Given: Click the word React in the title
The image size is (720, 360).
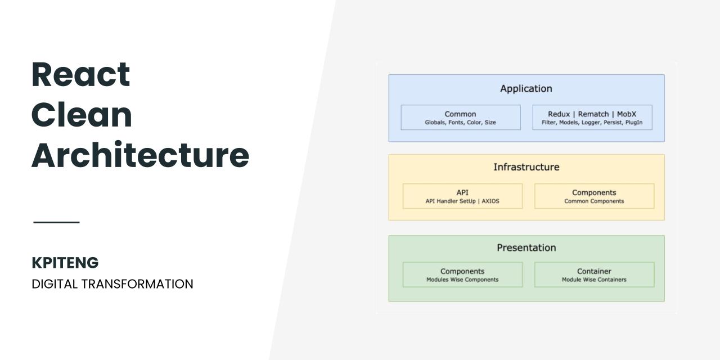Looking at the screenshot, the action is click(x=80, y=74).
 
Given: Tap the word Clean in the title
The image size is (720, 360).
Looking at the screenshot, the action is click(x=82, y=115).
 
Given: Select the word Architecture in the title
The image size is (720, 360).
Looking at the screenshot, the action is click(x=140, y=155).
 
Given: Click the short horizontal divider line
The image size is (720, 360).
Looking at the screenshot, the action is click(x=57, y=222).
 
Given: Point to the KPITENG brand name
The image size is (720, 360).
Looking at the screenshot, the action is click(x=65, y=263).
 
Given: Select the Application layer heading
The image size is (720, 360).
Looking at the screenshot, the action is click(x=526, y=88).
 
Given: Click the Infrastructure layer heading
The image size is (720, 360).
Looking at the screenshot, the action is click(x=526, y=167).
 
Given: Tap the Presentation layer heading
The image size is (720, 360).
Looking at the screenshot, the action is click(x=526, y=247).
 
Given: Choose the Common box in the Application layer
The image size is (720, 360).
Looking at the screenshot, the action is click(x=461, y=118).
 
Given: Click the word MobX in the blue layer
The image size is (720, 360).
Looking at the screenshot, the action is click(x=627, y=114).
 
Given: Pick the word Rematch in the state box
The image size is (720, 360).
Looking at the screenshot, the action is click(x=593, y=114).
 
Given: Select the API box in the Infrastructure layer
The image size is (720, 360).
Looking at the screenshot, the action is click(x=462, y=196).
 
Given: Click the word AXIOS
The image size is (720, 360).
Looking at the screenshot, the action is click(x=490, y=201).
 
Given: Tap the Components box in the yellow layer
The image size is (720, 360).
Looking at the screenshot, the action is click(x=595, y=196).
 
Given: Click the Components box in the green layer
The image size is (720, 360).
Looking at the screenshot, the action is click(x=462, y=274).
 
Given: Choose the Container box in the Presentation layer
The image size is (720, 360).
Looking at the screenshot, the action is click(x=595, y=274).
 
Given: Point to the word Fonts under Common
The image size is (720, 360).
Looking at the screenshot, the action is click(x=456, y=123).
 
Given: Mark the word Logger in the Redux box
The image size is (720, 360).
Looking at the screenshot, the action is click(x=591, y=123).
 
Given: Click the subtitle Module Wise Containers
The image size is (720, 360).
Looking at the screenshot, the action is click(x=594, y=280).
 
